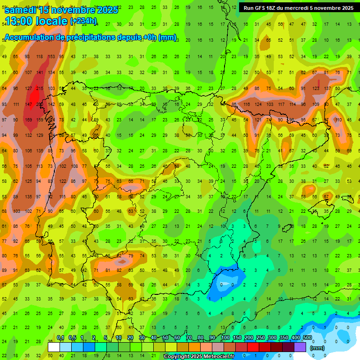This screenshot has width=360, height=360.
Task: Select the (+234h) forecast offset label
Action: [83, 21]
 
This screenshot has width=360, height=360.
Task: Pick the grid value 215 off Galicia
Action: [39, 88]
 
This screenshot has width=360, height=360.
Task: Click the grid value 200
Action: [39, 104]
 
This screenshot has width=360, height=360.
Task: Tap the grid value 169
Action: [28, 120]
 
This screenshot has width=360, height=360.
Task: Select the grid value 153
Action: [51, 56]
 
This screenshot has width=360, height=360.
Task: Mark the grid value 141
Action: [39, 72]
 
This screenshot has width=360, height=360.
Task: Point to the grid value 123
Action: [315, 88]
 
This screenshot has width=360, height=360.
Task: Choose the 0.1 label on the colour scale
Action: [60, 338]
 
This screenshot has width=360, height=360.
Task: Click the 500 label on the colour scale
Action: [307, 338]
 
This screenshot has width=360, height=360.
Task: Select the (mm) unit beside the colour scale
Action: [317, 348]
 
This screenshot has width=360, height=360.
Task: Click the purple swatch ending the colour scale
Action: [300, 347]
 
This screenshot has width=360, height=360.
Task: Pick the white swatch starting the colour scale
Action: [54, 347]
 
